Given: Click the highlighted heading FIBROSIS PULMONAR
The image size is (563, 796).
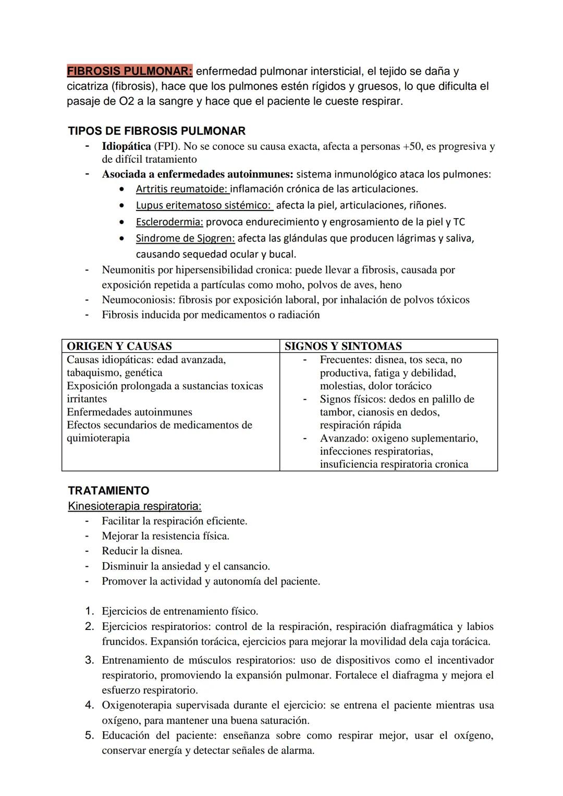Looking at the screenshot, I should pos(129,71).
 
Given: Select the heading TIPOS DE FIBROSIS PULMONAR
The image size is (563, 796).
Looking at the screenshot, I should pos(156,131).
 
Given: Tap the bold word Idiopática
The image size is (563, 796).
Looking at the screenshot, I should pos(126,146).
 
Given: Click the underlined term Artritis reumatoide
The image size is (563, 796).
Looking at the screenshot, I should pos(182,189).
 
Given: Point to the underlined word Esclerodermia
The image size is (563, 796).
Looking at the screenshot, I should pos(169,222).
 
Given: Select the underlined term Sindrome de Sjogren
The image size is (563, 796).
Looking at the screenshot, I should pos(185,239).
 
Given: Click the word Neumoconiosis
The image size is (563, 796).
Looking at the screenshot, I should pos(138,300).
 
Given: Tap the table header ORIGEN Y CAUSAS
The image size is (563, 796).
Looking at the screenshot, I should pos(119,346).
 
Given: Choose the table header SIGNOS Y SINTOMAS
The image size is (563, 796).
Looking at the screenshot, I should pos(343,346).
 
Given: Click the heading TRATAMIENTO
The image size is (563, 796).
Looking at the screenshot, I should pos(108,491).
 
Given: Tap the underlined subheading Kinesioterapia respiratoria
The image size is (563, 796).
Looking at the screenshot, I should pos(134,506).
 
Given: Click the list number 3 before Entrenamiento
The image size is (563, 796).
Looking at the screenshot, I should pos(90,660).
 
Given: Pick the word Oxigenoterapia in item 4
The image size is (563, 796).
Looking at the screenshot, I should pos(137,705).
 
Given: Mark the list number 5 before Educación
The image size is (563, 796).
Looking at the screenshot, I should pos(90,735).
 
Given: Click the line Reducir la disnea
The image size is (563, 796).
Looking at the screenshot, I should pos(142,551).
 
